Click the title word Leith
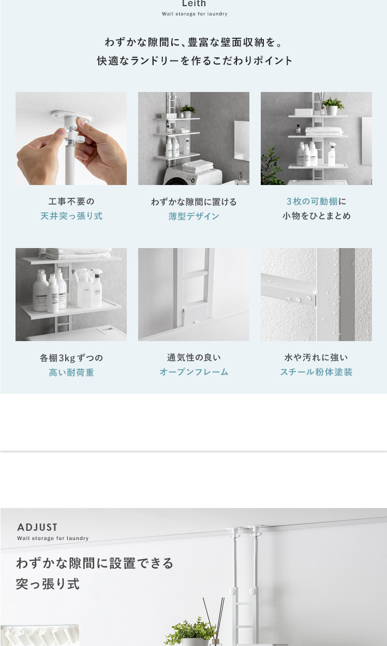pyautogui.click(x=194, y=3)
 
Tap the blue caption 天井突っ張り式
pyautogui.click(x=71, y=216)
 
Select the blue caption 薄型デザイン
pyautogui.click(x=194, y=216)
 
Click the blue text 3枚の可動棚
pyautogui.click(x=312, y=202)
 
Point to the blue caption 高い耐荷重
pyautogui.click(x=71, y=372)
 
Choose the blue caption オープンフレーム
pyautogui.click(x=194, y=372)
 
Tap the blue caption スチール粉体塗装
pyautogui.click(x=316, y=372)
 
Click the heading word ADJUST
pyautogui.click(x=37, y=527)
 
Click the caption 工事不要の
pyautogui.click(x=71, y=202)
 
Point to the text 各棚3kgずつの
pyautogui.click(x=71, y=358)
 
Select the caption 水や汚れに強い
pyautogui.click(x=316, y=357)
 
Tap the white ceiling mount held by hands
pyautogui.click(x=71, y=117)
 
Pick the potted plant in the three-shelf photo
pyautogui.click(x=333, y=106)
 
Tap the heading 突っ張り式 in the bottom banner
pyautogui.click(x=48, y=584)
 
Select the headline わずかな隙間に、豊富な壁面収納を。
pyautogui.click(x=194, y=42)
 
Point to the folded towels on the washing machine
pyautogui.click(x=198, y=166)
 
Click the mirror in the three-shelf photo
pyautogui.click(x=367, y=141)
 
